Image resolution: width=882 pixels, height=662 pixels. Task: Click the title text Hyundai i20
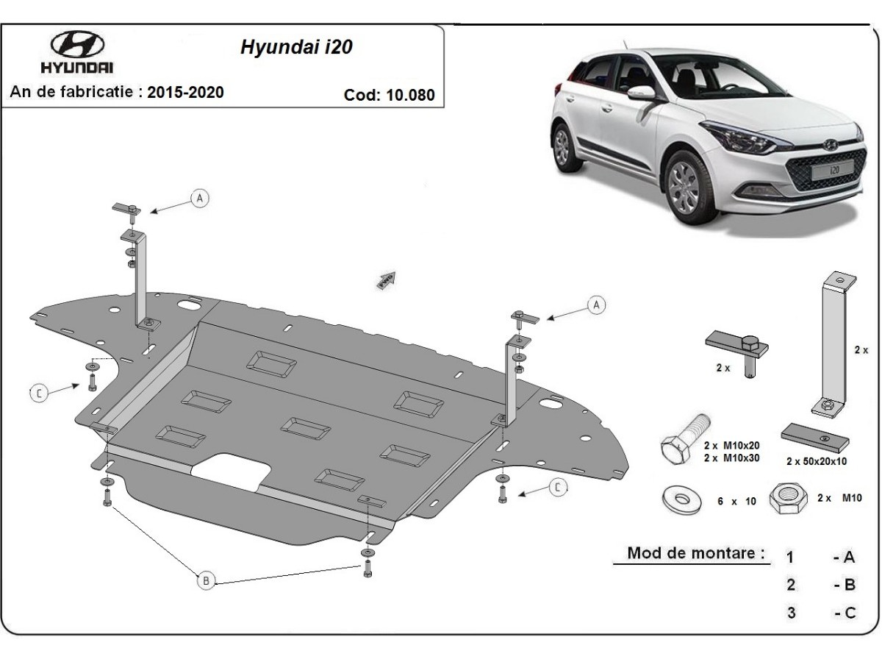pyautogui.click(x=296, y=48)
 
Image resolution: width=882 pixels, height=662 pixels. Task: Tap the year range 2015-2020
pyautogui.click(x=186, y=92)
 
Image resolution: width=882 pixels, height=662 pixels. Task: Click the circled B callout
pyautogui.click(x=207, y=581)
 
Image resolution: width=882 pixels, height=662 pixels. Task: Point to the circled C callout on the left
pyautogui.click(x=40, y=394)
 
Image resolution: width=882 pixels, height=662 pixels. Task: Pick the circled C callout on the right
pyautogui.click(x=559, y=486)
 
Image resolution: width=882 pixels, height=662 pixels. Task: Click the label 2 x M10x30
pyautogui.click(x=731, y=458)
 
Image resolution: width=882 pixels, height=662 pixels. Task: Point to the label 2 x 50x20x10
pyautogui.click(x=816, y=461)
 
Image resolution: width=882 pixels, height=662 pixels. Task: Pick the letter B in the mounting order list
pyautogui.click(x=849, y=585)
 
